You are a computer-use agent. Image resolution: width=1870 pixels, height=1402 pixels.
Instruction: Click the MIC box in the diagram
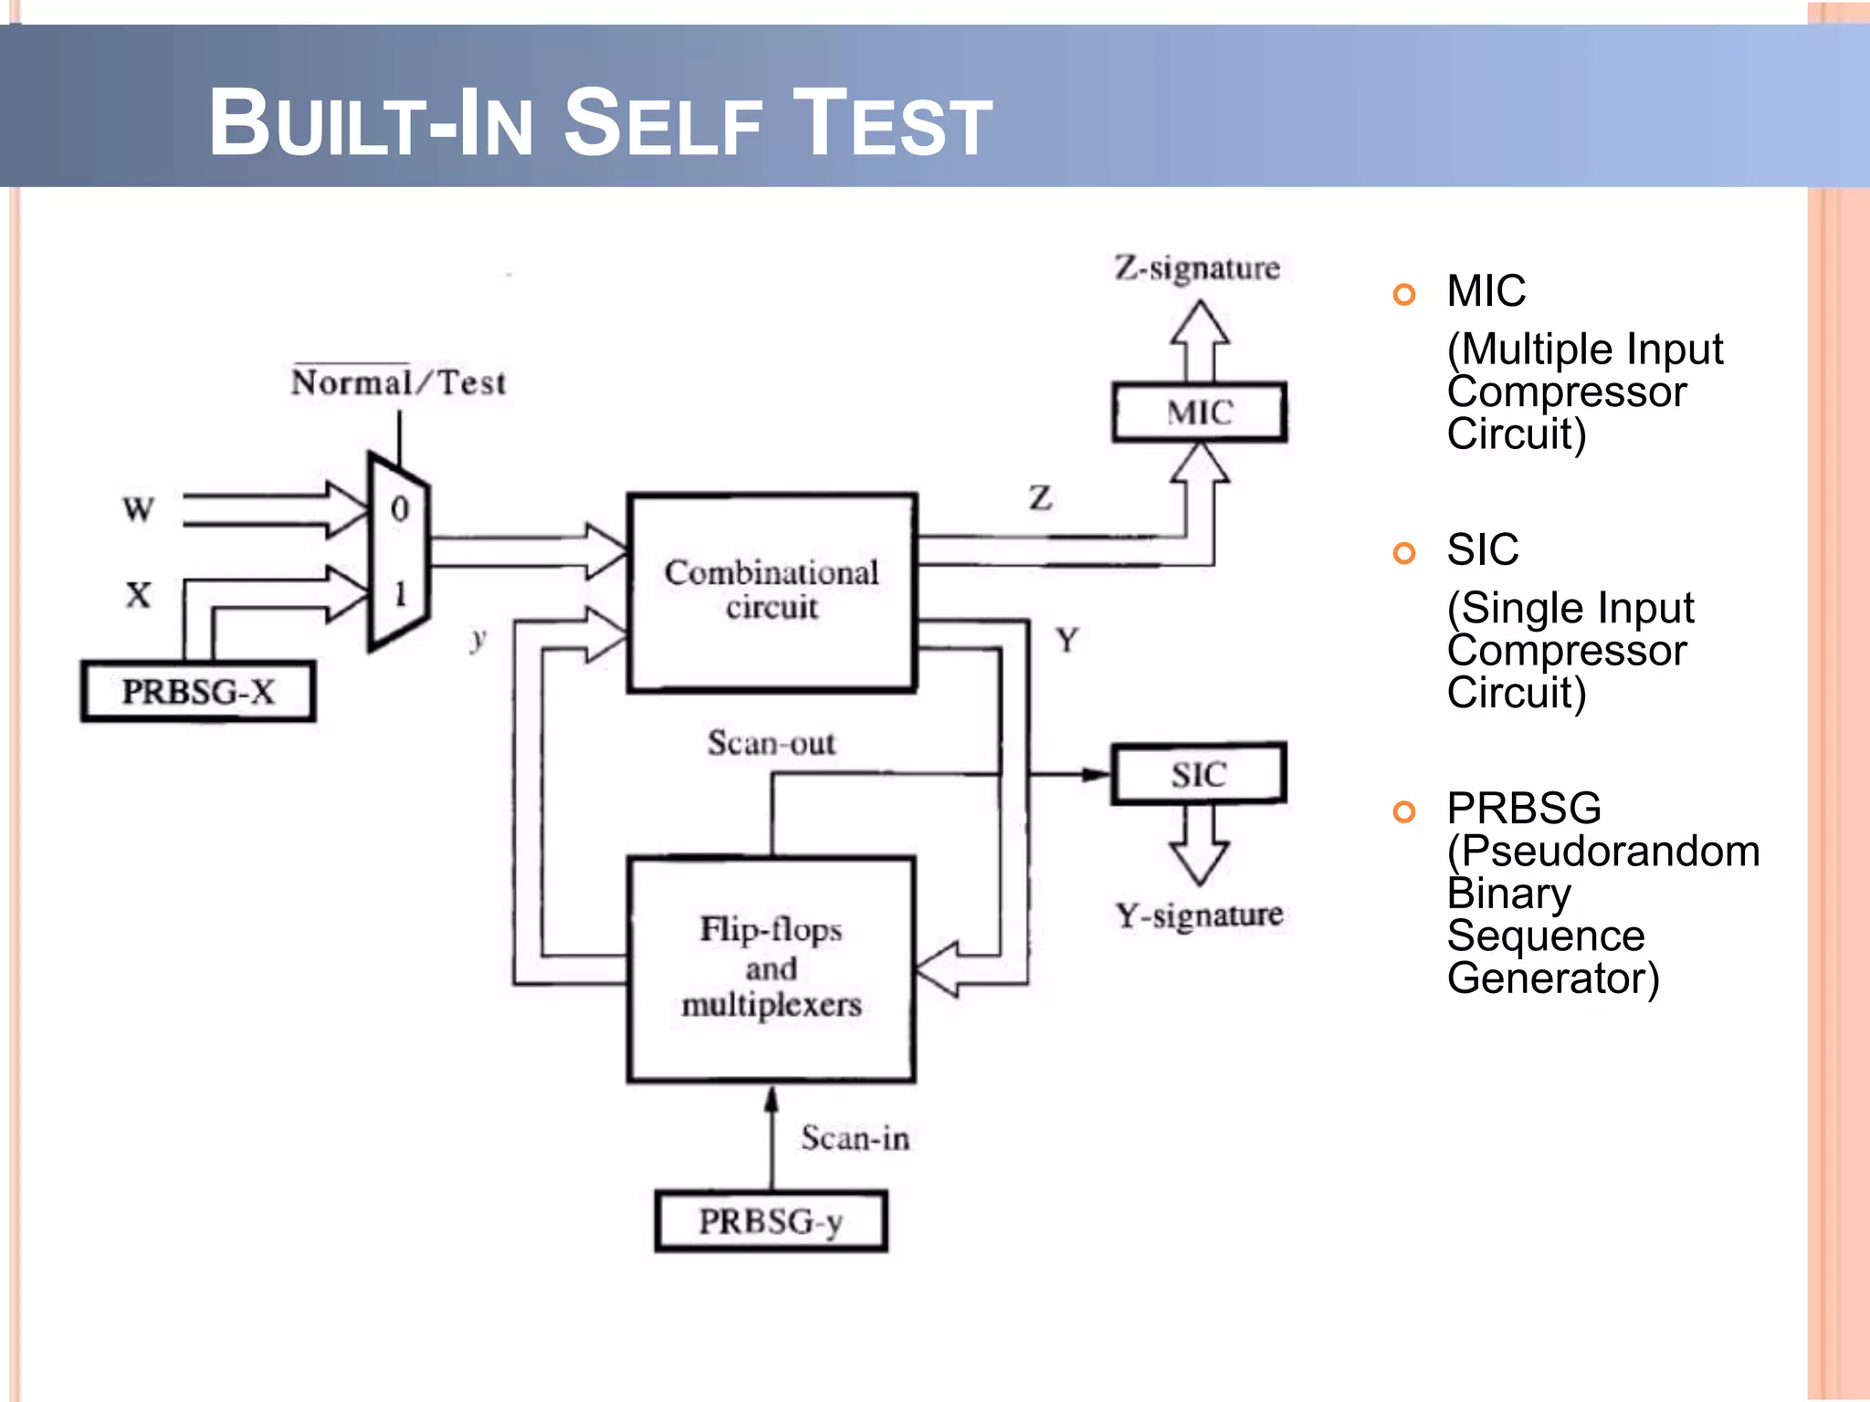pos(1199,413)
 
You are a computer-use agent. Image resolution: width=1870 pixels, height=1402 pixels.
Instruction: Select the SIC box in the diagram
pos(1199,775)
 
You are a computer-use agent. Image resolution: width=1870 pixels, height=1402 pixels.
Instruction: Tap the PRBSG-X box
pos(198,692)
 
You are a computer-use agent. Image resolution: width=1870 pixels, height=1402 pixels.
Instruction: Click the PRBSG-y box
pos(771,1221)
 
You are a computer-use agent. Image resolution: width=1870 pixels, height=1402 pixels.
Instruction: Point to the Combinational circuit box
pos(772,591)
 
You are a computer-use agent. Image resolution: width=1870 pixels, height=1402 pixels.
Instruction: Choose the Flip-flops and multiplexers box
pos(772,968)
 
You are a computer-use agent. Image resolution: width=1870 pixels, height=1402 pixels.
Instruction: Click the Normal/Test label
pos(398,382)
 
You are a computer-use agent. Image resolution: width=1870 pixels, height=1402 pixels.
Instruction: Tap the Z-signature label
pos(1197,268)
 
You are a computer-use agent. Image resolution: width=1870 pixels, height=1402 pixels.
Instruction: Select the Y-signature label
pos(1199,915)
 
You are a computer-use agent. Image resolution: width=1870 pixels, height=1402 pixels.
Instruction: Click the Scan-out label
pos(772,743)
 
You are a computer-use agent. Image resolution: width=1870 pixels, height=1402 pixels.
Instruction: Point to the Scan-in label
pos(856,1138)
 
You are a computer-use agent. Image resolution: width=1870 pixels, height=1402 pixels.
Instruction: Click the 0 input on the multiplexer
pos(400,508)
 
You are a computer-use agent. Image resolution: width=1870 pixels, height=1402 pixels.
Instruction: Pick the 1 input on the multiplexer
pos(400,594)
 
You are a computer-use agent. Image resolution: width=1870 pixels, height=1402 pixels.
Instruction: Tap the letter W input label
pos(139,508)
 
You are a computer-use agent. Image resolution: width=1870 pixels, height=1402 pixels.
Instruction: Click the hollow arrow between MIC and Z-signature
pos(1200,340)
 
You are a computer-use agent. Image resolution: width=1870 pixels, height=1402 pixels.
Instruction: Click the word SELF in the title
pos(663,123)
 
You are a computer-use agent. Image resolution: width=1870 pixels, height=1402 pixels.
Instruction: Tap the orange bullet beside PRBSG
pos(1404,811)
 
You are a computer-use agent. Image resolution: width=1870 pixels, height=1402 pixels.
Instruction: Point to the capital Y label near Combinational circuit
pos(1067,640)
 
